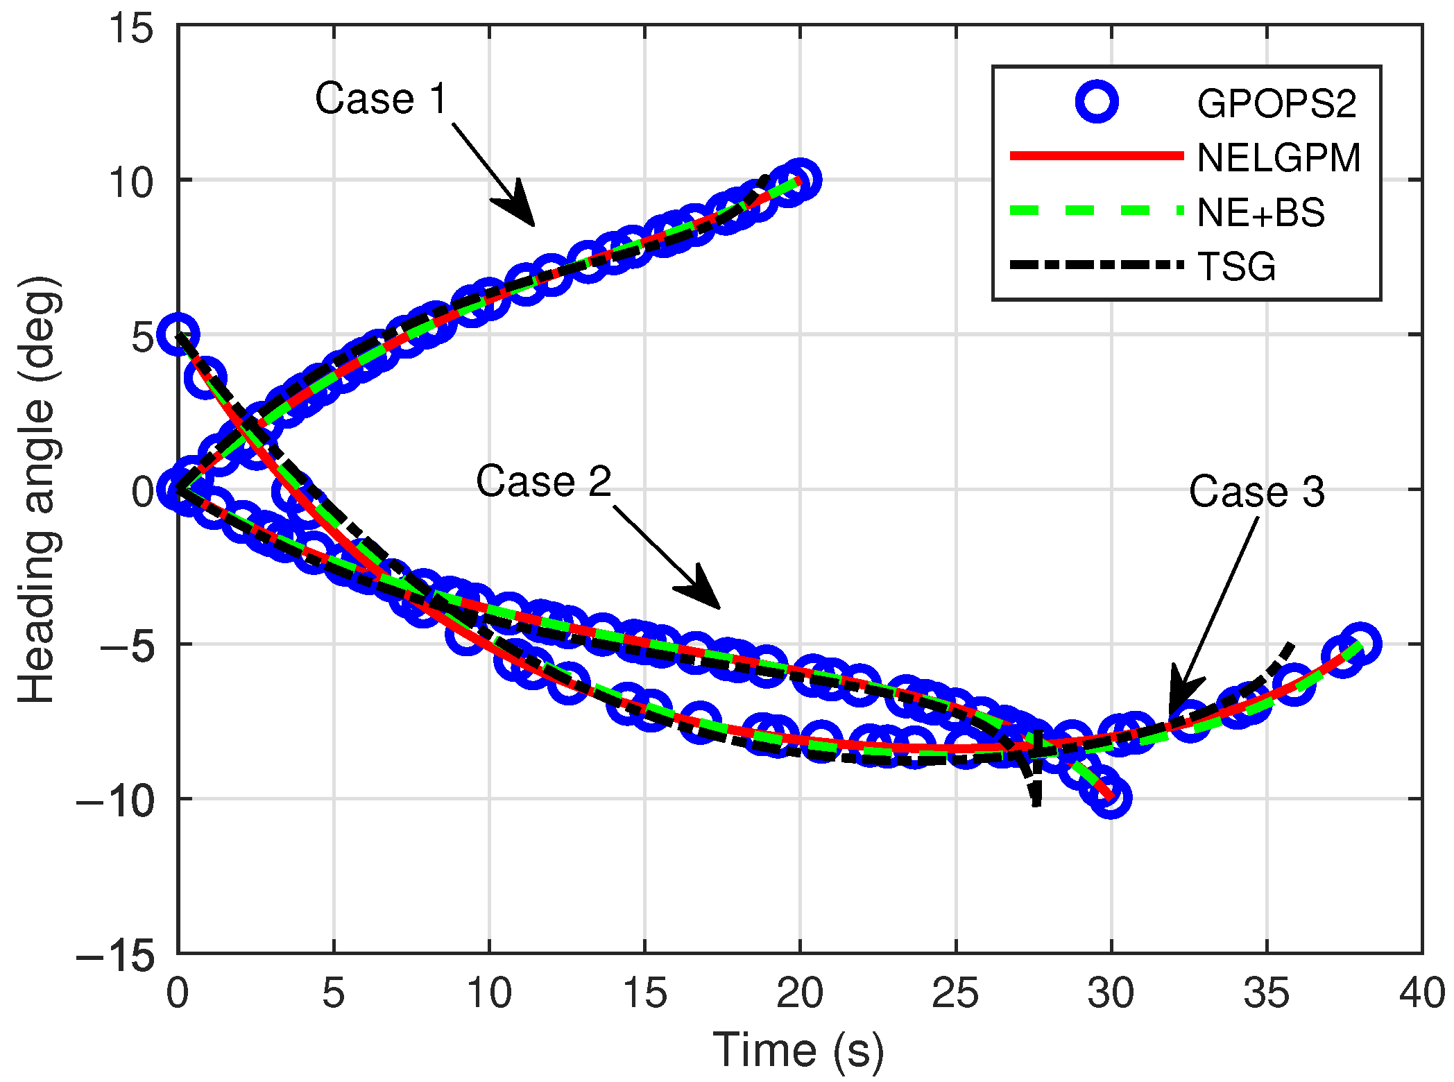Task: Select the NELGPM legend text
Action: (1278, 158)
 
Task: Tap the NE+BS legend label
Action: (1260, 212)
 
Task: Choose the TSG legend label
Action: (1236, 266)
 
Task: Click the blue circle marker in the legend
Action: (1097, 102)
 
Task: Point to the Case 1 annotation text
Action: (382, 98)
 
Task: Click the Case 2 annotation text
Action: (543, 481)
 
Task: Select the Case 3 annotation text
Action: (1256, 492)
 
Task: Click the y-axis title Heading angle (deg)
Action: (37, 490)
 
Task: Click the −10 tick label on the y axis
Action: (115, 800)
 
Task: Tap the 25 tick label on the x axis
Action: (955, 993)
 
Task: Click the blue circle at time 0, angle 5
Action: (178, 334)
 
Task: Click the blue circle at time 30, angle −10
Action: (1111, 798)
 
